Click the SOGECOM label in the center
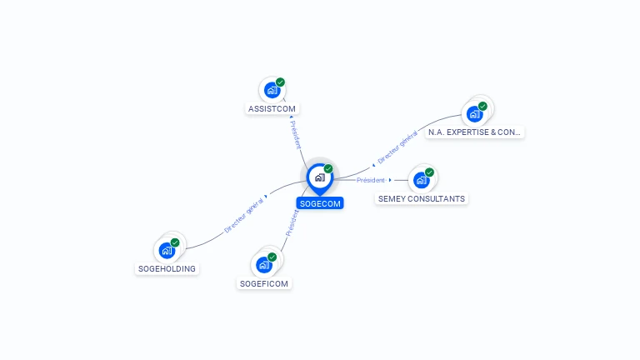click(x=320, y=203)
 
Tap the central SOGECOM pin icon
click(x=319, y=177)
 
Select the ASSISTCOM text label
click(x=272, y=109)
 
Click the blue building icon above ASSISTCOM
click(x=271, y=90)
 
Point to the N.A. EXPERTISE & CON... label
click(x=474, y=132)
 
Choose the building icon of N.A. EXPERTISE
click(x=474, y=113)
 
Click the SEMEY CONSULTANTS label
click(x=422, y=198)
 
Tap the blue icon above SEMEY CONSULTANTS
click(x=421, y=179)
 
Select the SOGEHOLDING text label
click(x=167, y=268)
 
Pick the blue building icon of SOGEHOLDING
click(x=167, y=250)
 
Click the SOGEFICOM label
click(x=264, y=283)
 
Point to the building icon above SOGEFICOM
click(x=264, y=265)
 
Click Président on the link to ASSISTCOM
click(x=296, y=134)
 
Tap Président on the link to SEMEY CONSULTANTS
click(x=371, y=180)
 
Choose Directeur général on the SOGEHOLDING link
click(x=244, y=215)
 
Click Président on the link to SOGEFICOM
click(x=292, y=222)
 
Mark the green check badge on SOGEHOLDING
click(x=175, y=242)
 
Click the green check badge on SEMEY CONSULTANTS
click(x=429, y=172)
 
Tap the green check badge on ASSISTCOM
click(x=280, y=82)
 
